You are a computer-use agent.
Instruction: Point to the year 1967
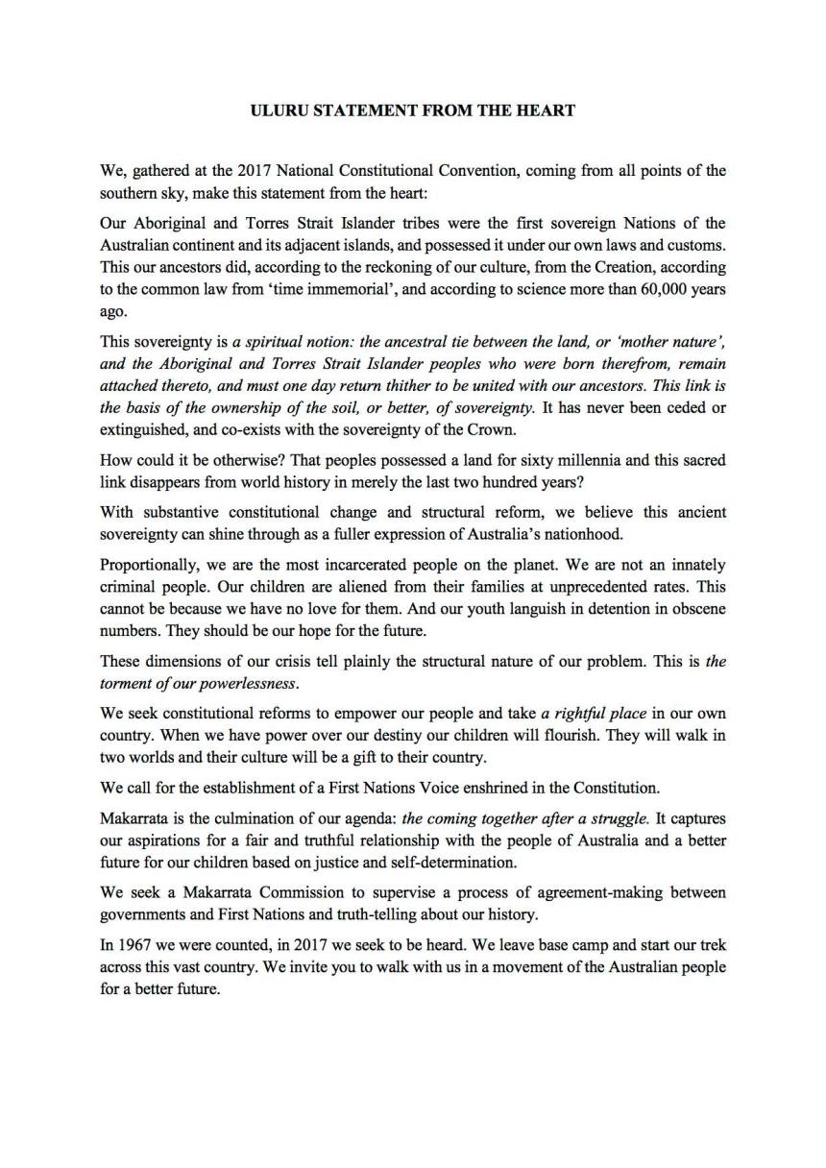(136, 944)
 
